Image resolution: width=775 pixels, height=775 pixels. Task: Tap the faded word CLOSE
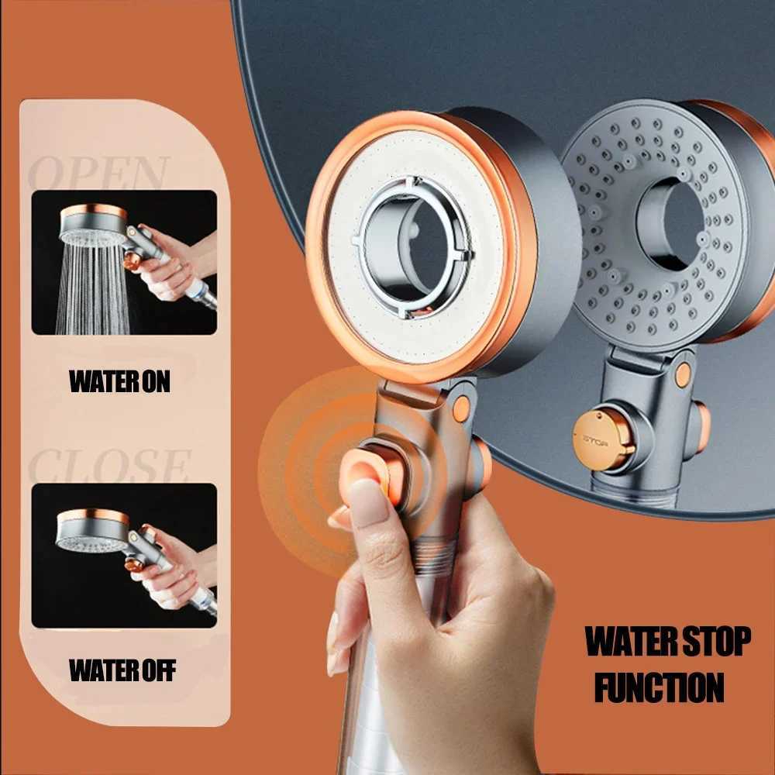pyautogui.click(x=108, y=466)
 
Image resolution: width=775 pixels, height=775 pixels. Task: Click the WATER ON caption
pyautogui.click(x=119, y=381)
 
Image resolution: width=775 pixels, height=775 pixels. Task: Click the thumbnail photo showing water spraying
pyautogui.click(x=124, y=263)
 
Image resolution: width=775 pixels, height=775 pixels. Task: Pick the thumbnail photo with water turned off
pyautogui.click(x=124, y=555)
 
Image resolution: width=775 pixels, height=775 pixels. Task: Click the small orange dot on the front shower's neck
pyautogui.click(x=461, y=408)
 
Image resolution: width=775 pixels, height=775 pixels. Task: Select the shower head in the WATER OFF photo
pyautogui.click(x=92, y=531)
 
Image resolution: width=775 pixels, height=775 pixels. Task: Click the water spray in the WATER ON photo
pyautogui.click(x=85, y=287)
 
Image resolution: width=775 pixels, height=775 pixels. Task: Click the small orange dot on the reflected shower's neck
pyautogui.click(x=683, y=375)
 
